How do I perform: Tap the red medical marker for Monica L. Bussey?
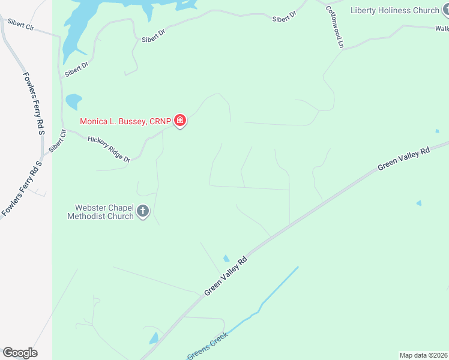point(180,121)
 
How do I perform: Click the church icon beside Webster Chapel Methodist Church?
point(143,212)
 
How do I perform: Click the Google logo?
point(20,353)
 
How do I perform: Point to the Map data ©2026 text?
point(423,355)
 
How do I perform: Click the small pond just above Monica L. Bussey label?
point(73,101)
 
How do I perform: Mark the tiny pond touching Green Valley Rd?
point(226,259)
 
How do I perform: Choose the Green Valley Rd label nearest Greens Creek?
point(226,276)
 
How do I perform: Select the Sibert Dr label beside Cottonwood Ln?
point(285,17)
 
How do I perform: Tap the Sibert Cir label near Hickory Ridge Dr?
point(58,140)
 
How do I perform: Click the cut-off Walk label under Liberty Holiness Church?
point(442,28)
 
